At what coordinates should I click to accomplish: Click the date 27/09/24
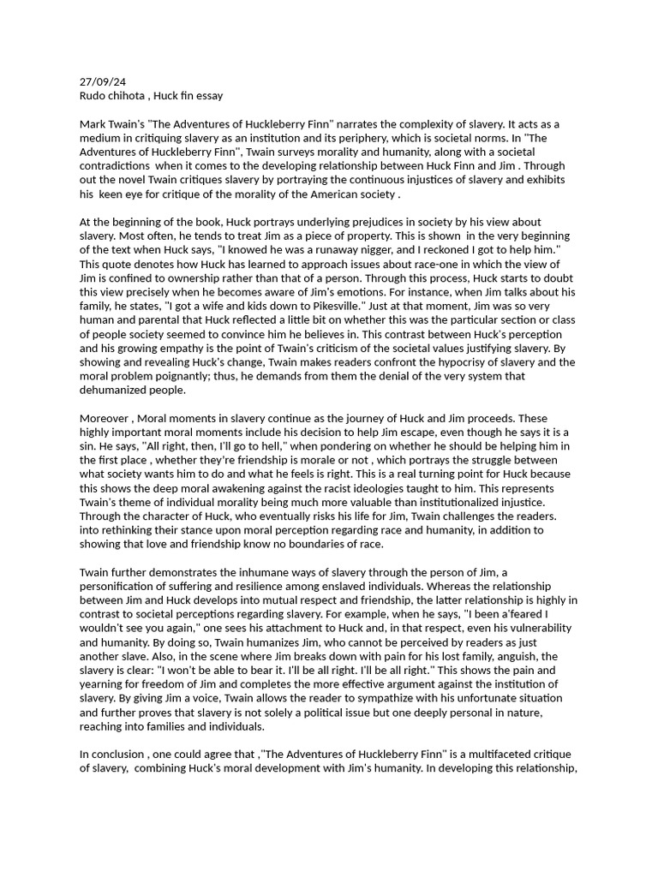[102, 82]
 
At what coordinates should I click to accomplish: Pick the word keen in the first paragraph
[112, 194]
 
